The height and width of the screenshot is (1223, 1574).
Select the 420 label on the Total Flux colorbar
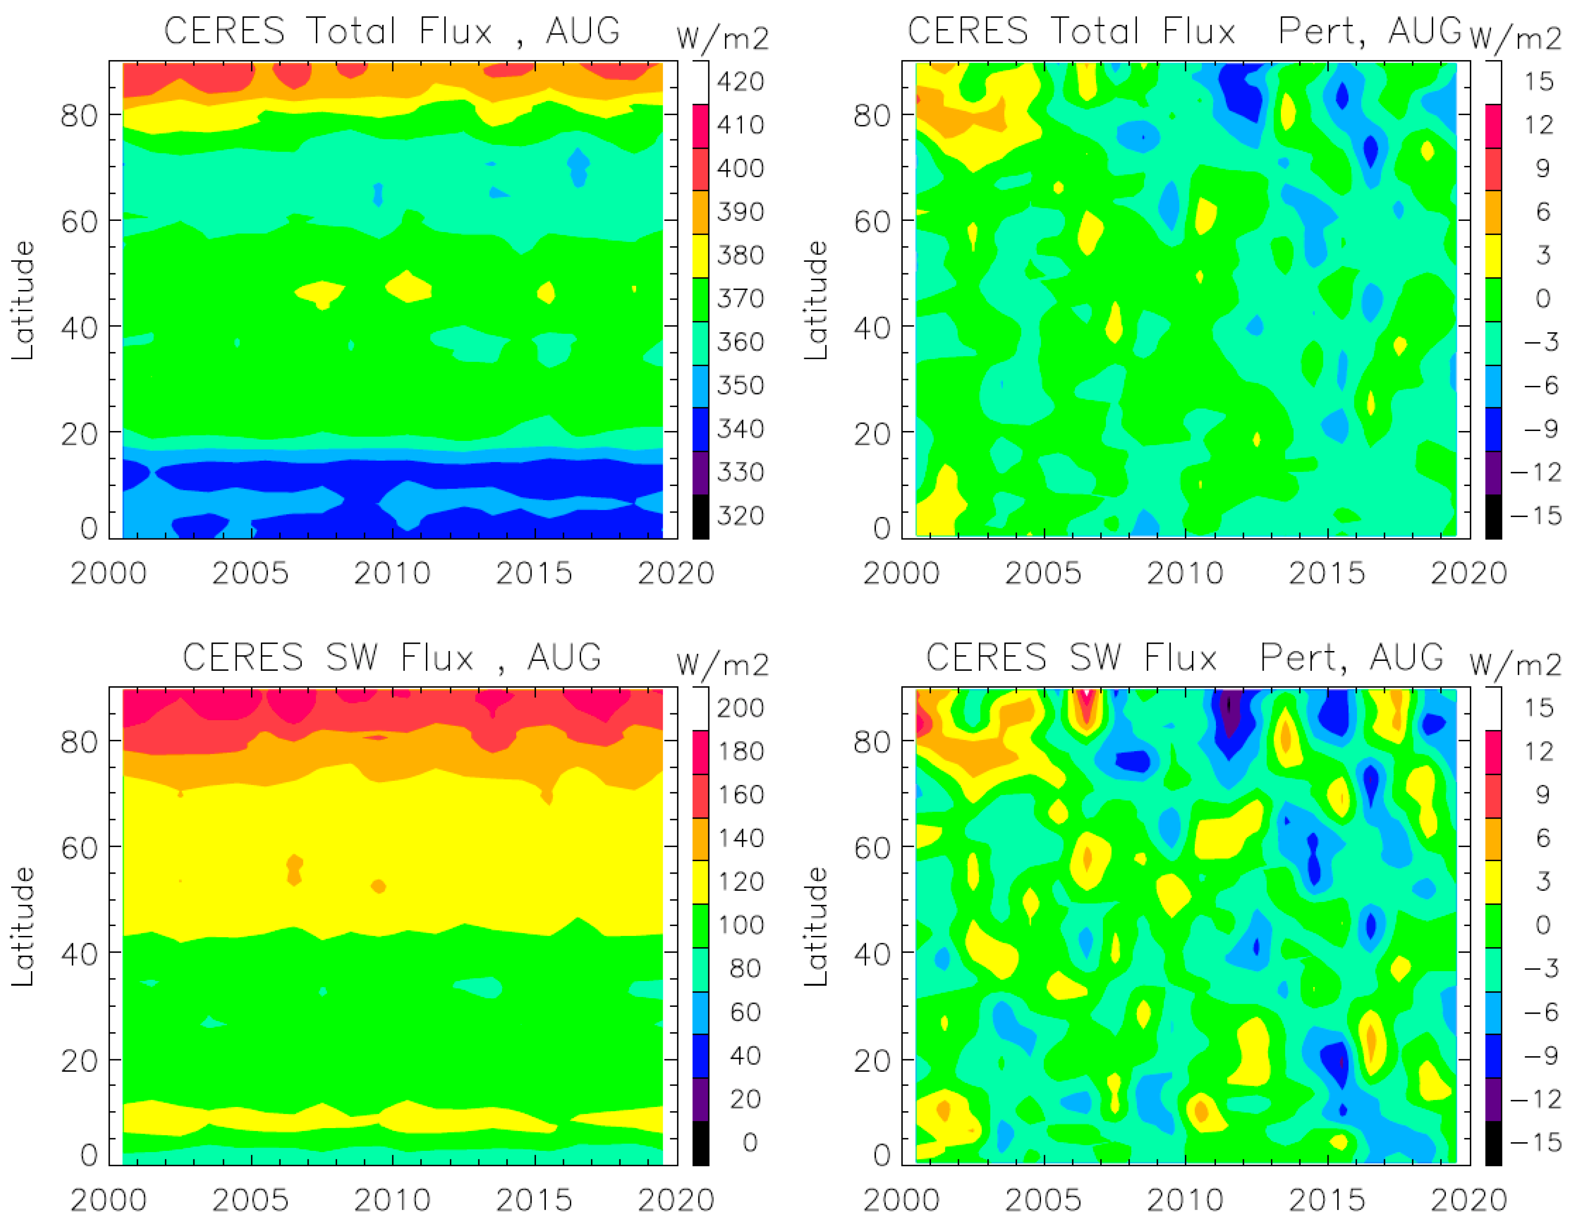pos(740,82)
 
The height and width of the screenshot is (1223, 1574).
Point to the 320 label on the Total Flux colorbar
pos(740,516)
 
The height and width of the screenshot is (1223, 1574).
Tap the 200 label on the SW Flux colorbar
pos(740,708)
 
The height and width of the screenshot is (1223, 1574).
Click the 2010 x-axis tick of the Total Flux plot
pos(392,574)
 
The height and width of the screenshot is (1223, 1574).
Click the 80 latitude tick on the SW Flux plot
pos(79,742)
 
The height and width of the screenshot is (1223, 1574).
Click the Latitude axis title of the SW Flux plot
pos(23,926)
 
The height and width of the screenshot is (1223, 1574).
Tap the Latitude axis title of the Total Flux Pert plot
pos(816,300)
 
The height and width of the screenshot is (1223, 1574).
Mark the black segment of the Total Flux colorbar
pos(701,516)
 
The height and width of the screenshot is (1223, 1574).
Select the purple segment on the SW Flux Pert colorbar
pos(1493,1099)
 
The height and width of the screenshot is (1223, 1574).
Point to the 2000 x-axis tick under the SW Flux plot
pos(109,1200)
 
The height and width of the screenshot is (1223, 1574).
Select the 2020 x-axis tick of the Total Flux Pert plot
pos(1469,574)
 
